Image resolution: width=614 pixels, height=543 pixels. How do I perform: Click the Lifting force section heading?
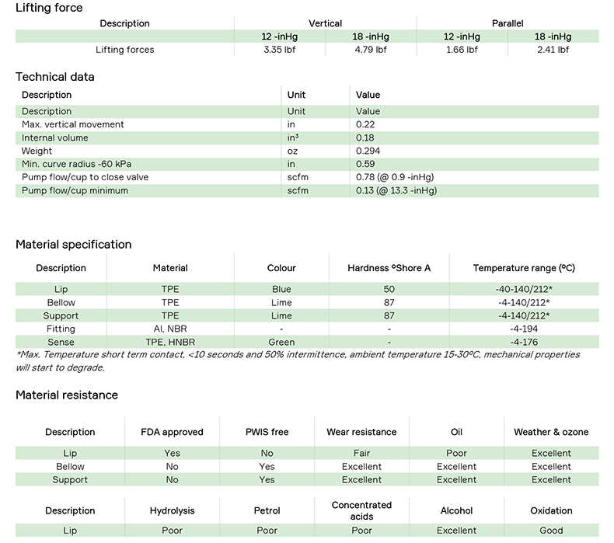[49, 8]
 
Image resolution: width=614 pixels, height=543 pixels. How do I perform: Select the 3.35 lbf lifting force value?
[280, 50]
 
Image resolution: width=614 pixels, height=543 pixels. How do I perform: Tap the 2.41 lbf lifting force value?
[553, 50]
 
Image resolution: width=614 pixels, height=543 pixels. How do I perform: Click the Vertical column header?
[325, 23]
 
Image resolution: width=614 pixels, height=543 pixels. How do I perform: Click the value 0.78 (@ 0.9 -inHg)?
[394, 177]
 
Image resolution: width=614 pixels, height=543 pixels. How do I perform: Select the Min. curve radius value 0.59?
[365, 164]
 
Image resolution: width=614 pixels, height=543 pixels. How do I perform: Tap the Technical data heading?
[55, 77]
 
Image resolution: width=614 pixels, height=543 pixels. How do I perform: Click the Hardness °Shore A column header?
[389, 268]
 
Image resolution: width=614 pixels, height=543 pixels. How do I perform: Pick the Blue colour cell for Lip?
[281, 289]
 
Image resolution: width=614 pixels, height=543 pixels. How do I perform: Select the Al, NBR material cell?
[170, 329]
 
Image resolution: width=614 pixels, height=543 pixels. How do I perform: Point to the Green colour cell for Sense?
[281, 342]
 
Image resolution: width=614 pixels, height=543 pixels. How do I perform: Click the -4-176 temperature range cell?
[524, 342]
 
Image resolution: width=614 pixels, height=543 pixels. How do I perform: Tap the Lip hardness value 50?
[389, 289]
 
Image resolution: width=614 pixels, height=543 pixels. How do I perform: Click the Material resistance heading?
[67, 395]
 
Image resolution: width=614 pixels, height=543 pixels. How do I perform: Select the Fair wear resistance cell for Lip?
[361, 454]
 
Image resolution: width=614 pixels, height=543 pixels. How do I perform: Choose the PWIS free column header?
[267, 432]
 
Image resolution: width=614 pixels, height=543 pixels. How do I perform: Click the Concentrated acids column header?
[361, 510]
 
